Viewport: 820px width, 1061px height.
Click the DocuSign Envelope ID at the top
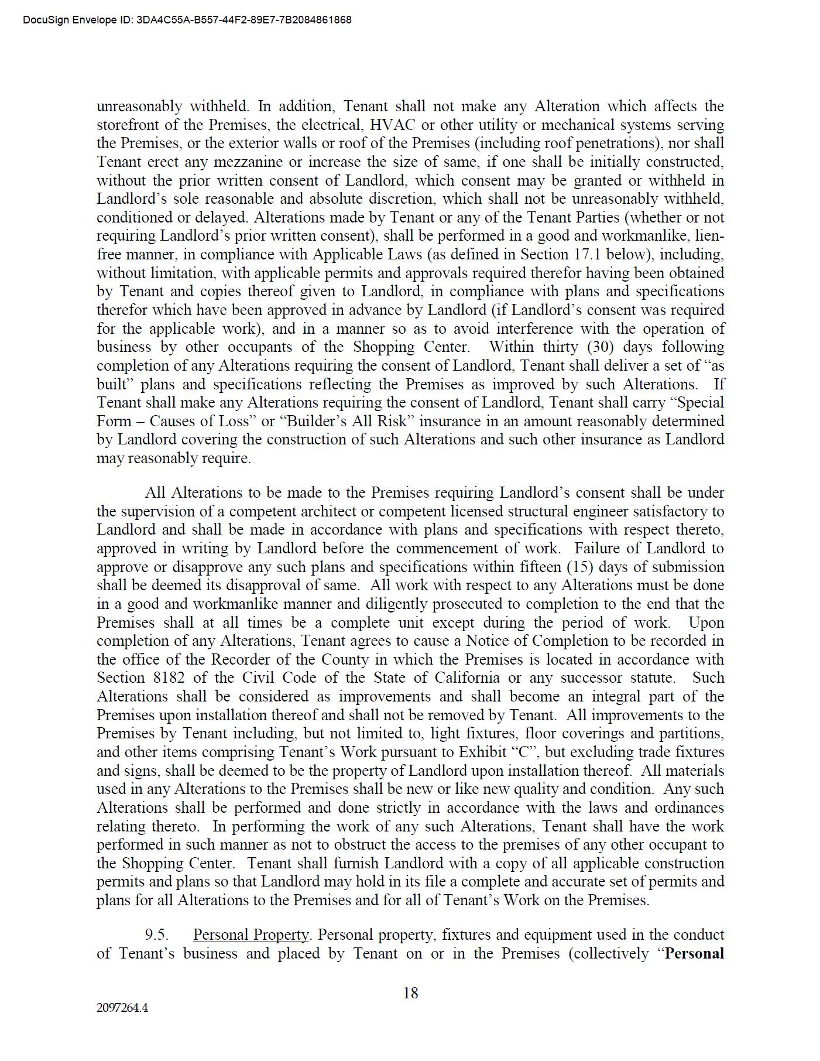pyautogui.click(x=187, y=20)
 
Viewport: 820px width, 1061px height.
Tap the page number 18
pyautogui.click(x=410, y=993)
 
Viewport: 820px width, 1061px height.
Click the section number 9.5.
pyautogui.click(x=157, y=935)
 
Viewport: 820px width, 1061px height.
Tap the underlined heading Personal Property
pyautogui.click(x=251, y=935)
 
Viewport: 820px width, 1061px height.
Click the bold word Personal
pyautogui.click(x=695, y=953)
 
